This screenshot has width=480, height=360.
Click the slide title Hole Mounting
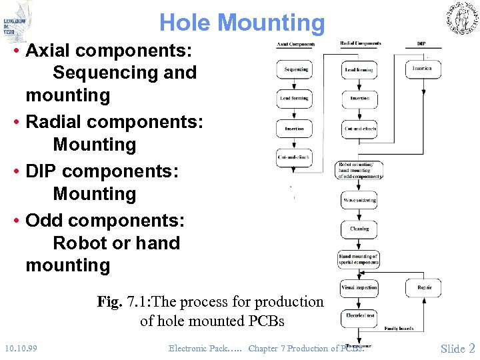pyautogui.click(x=241, y=23)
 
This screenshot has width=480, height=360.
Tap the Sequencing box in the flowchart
pyautogui.click(x=295, y=69)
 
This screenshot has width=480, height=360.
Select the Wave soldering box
pyautogui.click(x=359, y=200)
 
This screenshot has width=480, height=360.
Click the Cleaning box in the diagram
pyautogui.click(x=359, y=229)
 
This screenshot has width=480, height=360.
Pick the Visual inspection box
pyautogui.click(x=359, y=287)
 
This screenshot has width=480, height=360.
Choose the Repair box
pyautogui.click(x=424, y=287)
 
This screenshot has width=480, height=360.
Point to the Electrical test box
pyautogui.click(x=359, y=315)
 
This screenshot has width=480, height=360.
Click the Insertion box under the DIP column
pyautogui.click(x=423, y=69)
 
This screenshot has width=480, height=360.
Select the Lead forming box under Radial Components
pyautogui.click(x=359, y=69)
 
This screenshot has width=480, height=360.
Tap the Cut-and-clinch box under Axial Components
pyautogui.click(x=295, y=157)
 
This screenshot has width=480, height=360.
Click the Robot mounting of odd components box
pyautogui.click(x=360, y=170)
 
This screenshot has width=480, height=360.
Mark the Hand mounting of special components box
pyautogui.click(x=359, y=259)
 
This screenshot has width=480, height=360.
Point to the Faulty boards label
pyautogui.click(x=399, y=328)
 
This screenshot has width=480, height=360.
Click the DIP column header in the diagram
pyautogui.click(x=421, y=44)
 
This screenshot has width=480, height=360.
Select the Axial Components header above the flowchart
pyautogui.click(x=295, y=45)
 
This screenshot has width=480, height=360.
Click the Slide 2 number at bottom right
pyautogui.click(x=457, y=348)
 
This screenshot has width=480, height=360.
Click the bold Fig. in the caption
pyautogui.click(x=109, y=302)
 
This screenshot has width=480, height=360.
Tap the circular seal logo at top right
pyautogui.click(x=461, y=17)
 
